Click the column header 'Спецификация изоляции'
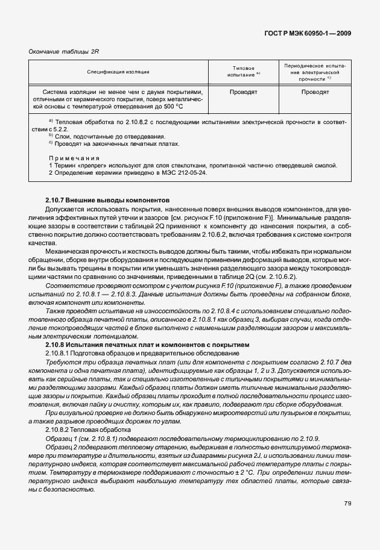click(118, 72)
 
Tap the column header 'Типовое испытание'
click(243, 72)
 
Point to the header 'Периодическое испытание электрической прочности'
click(315, 72)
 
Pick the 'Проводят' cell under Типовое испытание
click(243, 92)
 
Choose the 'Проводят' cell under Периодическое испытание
click(315, 92)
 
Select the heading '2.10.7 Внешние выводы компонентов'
click(107, 199)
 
